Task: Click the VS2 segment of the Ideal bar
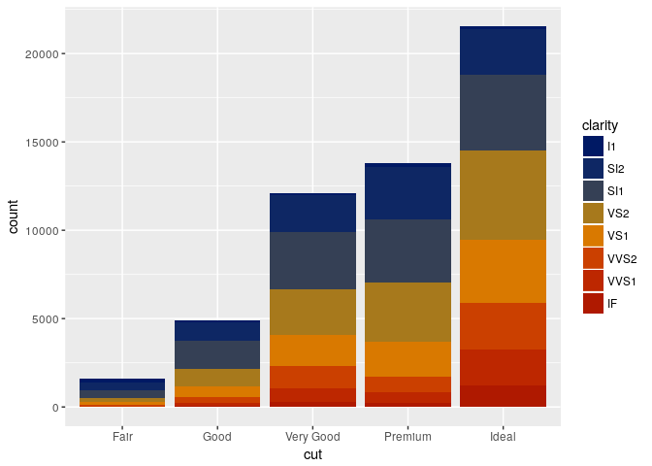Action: click(x=503, y=194)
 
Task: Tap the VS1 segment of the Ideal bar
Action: click(x=503, y=271)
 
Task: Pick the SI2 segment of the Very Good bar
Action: click(x=312, y=214)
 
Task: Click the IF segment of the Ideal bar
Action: click(x=503, y=396)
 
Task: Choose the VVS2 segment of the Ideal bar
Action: click(x=503, y=326)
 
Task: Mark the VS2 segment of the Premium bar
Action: click(x=407, y=312)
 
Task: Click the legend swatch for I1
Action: click(x=593, y=146)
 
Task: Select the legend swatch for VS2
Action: click(x=593, y=213)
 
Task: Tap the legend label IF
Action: click(x=611, y=304)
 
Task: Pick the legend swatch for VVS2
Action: click(x=593, y=258)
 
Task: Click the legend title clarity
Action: click(x=600, y=125)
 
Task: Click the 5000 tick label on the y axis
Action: click(x=45, y=319)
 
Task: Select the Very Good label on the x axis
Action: click(x=312, y=437)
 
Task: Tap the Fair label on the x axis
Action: click(x=122, y=437)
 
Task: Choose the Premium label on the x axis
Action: click(x=407, y=437)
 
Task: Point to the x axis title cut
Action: click(x=312, y=454)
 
